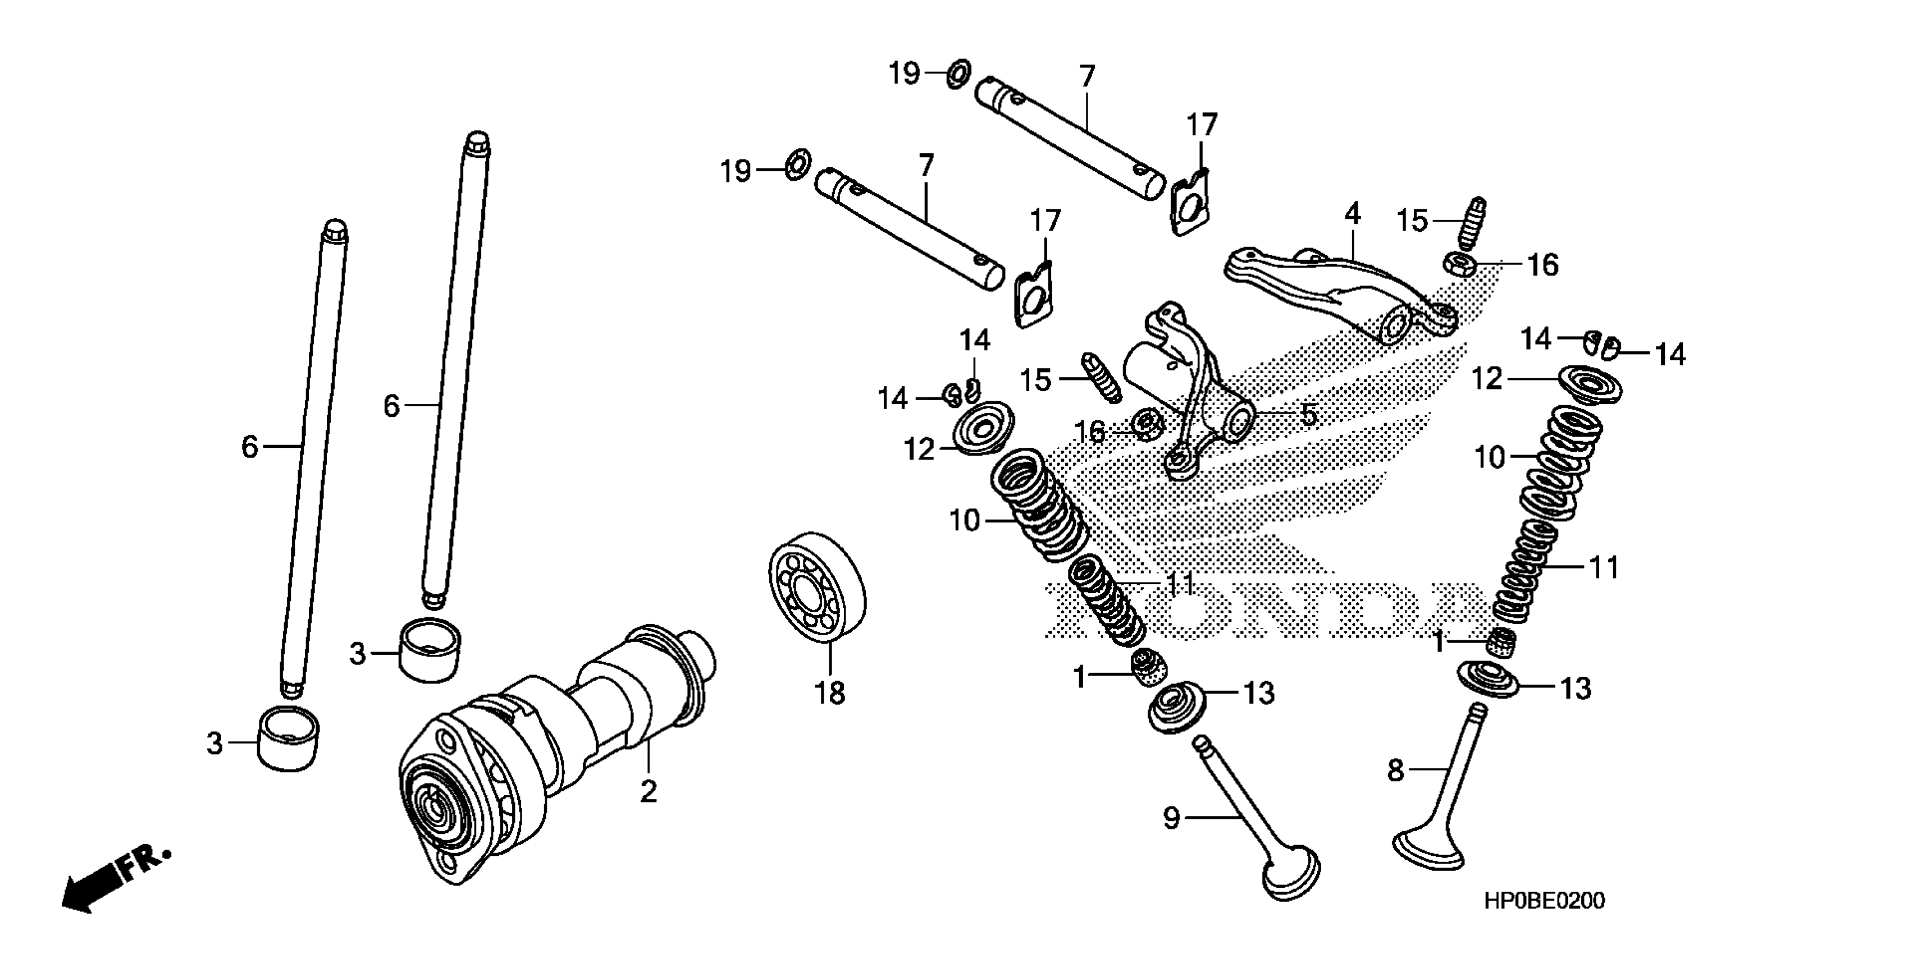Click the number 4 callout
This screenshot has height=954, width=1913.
pyautogui.click(x=1352, y=214)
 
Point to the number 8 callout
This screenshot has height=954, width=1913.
pyautogui.click(x=1395, y=770)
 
